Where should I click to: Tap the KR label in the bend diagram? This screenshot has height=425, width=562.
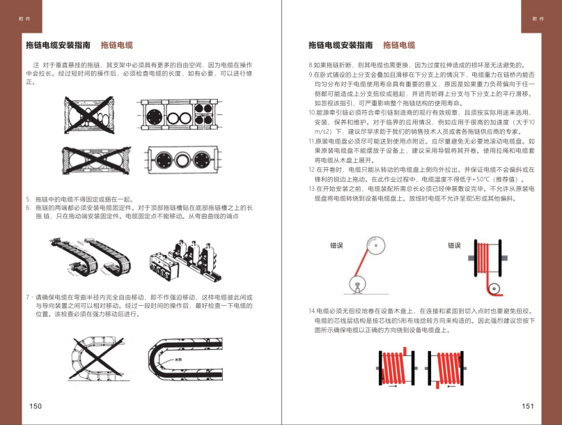(x=180, y=359)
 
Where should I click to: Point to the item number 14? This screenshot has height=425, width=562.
(x=311, y=310)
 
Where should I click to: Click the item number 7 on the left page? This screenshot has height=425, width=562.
(x=27, y=296)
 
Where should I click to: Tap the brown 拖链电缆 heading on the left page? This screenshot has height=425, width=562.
(x=116, y=45)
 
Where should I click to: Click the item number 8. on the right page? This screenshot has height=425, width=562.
(x=311, y=65)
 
